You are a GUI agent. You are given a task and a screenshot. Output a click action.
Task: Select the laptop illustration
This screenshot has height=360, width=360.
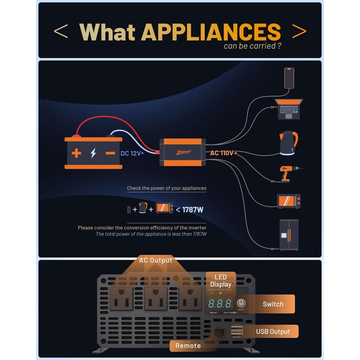289,109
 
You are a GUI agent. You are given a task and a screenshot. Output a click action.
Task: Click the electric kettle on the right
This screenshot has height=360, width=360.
288,143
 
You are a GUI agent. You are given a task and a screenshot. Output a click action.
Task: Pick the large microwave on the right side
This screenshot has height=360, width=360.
288,201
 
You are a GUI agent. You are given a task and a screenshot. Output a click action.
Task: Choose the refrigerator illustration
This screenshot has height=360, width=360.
289,235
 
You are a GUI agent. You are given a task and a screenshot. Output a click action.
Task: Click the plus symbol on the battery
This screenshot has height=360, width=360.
76,153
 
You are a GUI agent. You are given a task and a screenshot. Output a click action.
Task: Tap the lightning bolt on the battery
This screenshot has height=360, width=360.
93,153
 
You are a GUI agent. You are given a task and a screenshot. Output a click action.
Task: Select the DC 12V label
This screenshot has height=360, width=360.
131,153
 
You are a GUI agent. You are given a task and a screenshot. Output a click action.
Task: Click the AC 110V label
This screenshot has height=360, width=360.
222,153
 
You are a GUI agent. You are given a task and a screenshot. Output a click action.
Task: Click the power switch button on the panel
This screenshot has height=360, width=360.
241,303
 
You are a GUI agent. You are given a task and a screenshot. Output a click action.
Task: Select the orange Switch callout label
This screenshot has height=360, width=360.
273,304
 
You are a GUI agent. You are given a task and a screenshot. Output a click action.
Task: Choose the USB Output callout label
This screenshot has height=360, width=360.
273,332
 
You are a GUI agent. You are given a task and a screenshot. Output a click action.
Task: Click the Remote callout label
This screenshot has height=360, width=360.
188,346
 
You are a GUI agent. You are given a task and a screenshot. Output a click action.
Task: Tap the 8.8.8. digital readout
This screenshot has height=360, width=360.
220,303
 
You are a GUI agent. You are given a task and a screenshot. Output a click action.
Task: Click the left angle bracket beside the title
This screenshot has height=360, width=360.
61,31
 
